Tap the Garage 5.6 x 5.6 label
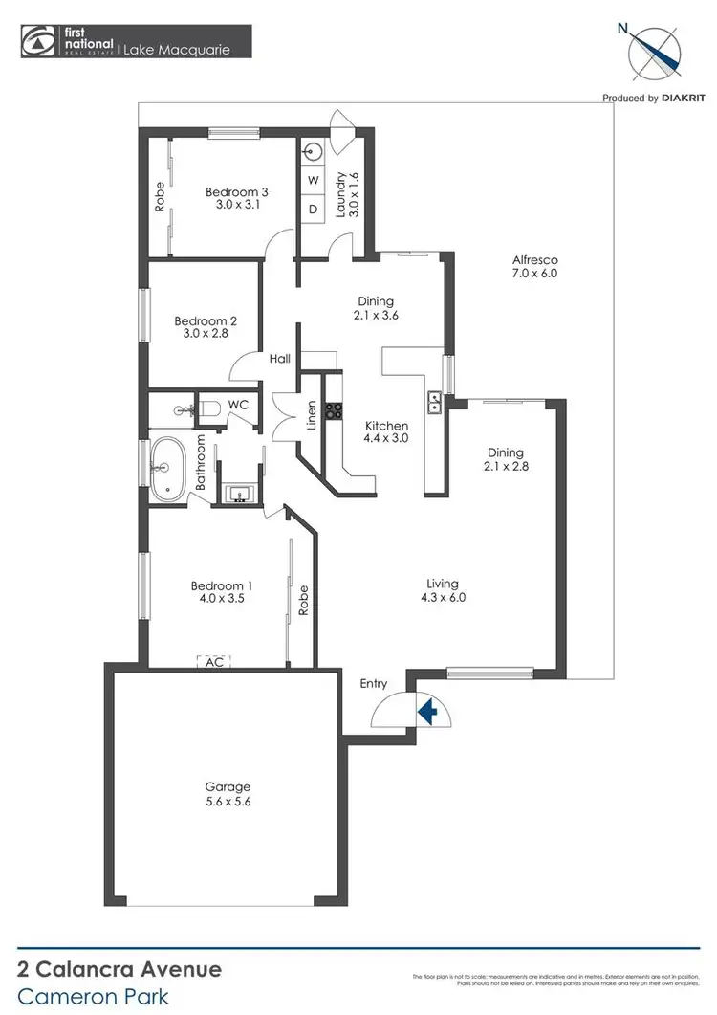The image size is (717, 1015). [x=227, y=794]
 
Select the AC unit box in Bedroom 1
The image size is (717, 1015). [x=213, y=661]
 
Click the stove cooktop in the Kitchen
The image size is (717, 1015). [x=336, y=412]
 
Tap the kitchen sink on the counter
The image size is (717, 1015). [x=435, y=403]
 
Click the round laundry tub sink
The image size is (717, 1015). [x=314, y=151]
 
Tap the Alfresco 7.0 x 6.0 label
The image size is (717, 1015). [x=534, y=266]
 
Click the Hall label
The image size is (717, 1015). [x=279, y=358]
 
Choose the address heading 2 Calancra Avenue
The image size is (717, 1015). [x=120, y=970]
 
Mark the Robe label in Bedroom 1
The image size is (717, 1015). [x=302, y=600]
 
